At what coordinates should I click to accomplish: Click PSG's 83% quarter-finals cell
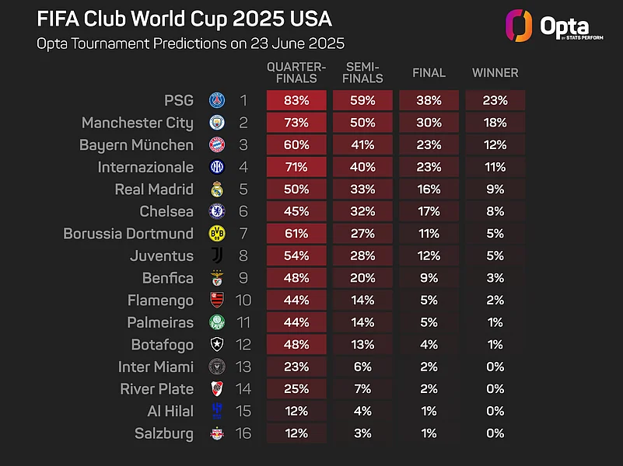coord(296,100)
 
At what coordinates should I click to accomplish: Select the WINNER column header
coord(495,73)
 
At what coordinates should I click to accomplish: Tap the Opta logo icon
coord(519,26)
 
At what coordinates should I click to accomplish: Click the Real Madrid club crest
coord(217,190)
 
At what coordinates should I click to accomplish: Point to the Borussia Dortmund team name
coord(128,234)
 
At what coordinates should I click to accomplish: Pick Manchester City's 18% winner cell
coord(495,123)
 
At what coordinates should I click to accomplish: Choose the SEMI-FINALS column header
coord(362,72)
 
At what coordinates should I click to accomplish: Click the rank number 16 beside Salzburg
coord(243,433)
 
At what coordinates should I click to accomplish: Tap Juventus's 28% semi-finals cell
coord(362,256)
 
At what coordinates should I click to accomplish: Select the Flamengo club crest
coord(217,301)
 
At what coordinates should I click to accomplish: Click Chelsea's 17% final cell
coord(429,211)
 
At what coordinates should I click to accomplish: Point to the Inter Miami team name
coord(156,367)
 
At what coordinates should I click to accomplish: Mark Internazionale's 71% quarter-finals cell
coord(296,167)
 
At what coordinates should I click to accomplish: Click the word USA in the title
coord(310,19)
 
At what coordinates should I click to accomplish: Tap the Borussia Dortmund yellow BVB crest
coord(217,234)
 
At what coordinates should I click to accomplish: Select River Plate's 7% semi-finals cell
coord(362,389)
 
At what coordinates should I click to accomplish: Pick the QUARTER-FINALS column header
coord(296,72)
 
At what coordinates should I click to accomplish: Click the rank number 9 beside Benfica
coord(243,278)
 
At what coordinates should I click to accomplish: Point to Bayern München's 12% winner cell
coord(495,144)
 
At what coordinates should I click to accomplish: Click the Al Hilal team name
coord(170,412)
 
